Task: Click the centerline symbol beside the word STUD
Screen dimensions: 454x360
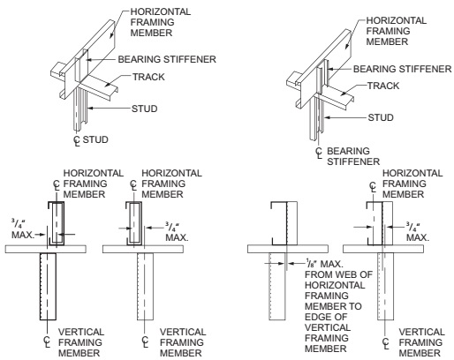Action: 77,140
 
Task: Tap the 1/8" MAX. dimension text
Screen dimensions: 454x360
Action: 324,263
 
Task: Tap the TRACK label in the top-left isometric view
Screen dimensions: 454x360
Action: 148,77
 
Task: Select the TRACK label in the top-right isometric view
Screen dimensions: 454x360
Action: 383,86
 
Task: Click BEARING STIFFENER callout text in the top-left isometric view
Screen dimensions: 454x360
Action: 167,59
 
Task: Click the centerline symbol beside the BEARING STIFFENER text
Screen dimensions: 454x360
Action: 319,153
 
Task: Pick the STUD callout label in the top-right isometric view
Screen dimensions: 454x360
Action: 381,117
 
